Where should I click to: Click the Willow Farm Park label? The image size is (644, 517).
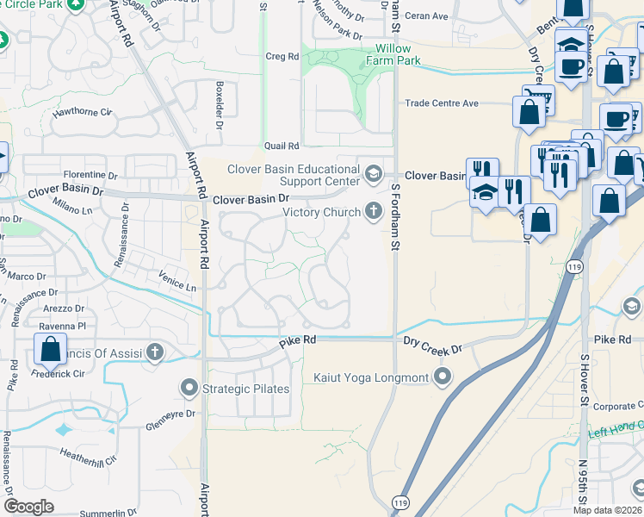pos(393,55)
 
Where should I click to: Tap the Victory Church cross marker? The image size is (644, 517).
pos(373,209)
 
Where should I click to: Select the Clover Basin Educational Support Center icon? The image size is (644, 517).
pos(373,174)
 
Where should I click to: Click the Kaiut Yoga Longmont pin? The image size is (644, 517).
pos(443,377)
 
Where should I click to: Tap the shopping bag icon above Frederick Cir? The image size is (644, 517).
pos(50,350)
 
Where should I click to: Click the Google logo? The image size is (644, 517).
pos(29,507)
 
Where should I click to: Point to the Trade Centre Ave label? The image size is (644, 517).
pos(442,103)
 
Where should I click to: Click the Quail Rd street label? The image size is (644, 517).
pos(282,146)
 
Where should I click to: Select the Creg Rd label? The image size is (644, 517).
pos(282,56)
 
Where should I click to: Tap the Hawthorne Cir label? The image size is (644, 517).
pos(83,112)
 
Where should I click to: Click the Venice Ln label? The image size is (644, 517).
pos(177,282)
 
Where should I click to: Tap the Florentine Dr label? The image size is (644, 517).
pos(89,174)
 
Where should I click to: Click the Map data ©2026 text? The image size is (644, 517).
pos(607,510)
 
